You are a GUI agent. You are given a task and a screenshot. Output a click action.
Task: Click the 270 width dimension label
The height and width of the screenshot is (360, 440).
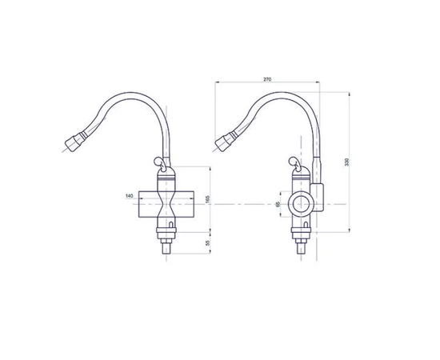(267, 79)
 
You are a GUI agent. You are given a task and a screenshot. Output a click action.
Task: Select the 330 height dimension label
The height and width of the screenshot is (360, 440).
(347, 162)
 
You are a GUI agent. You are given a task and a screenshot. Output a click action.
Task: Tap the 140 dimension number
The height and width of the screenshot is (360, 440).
(130, 196)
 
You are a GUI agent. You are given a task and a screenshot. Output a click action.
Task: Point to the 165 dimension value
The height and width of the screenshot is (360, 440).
(208, 199)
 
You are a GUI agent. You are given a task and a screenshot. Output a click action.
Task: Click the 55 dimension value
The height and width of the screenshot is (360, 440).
(208, 243)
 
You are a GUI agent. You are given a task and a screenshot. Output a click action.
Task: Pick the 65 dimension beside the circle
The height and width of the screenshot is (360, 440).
(278, 204)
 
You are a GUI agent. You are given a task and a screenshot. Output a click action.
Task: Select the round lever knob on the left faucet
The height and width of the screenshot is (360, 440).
(158, 161)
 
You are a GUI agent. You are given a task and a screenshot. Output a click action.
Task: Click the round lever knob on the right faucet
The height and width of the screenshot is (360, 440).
(293, 161)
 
